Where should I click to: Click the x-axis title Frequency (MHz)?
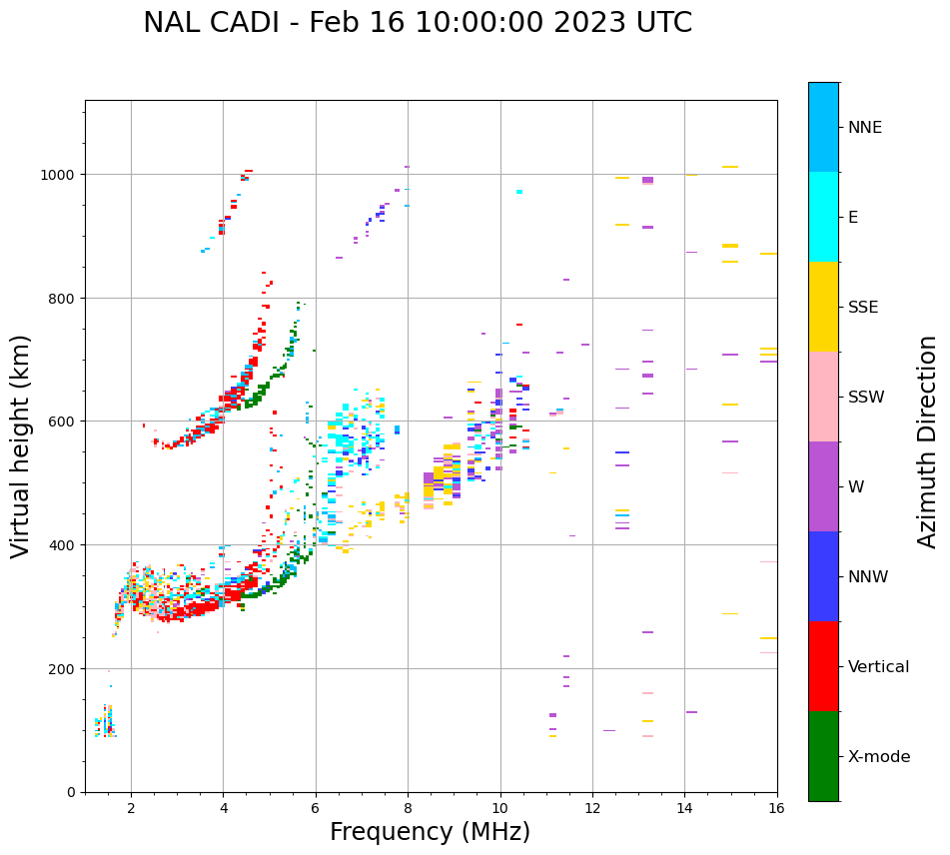pos(430,832)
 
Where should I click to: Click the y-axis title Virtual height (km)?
pos(21,445)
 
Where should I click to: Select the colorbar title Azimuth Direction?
pos(928,441)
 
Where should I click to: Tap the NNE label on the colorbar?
pos(865,127)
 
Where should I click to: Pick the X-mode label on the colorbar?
pos(879,756)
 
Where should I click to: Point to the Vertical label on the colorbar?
pos(879,666)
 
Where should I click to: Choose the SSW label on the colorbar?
pos(866,397)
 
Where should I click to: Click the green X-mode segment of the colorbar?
pos(823,756)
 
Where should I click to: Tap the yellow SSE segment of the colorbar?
pos(823,307)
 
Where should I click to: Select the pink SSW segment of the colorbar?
pos(823,397)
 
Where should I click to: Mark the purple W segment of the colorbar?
pos(823,486)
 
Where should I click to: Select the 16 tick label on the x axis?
pos(776,809)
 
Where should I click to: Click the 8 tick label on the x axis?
pos(408,809)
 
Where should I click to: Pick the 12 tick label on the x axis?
pos(592,809)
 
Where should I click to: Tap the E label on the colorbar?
pos(853,217)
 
